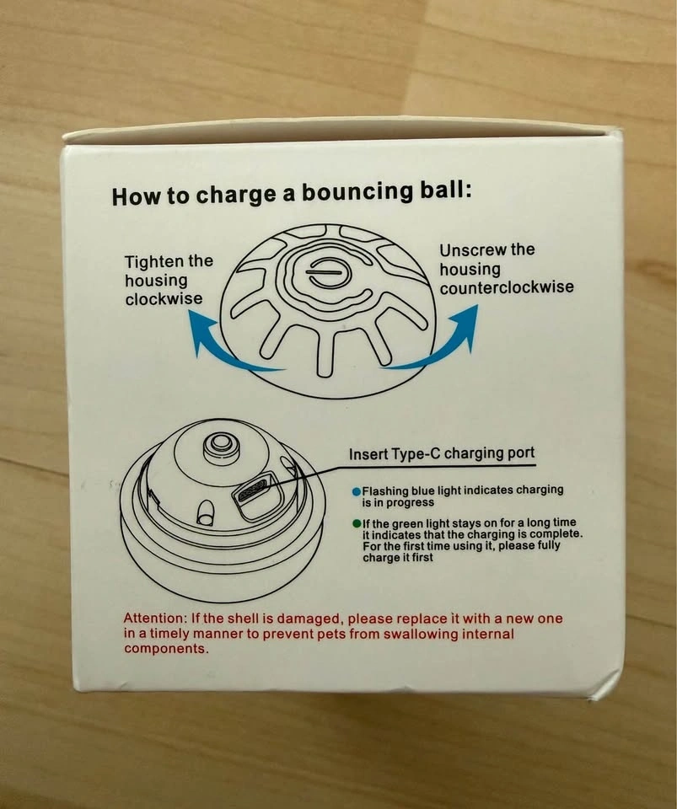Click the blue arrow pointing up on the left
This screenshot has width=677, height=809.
227,343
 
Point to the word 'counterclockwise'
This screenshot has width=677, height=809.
507,287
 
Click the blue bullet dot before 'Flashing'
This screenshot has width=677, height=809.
356,491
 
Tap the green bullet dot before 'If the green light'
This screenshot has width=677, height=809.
357,523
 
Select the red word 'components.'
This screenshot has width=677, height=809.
167,649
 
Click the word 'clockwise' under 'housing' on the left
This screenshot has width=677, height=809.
164,299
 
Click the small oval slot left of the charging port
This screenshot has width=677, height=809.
205,513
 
